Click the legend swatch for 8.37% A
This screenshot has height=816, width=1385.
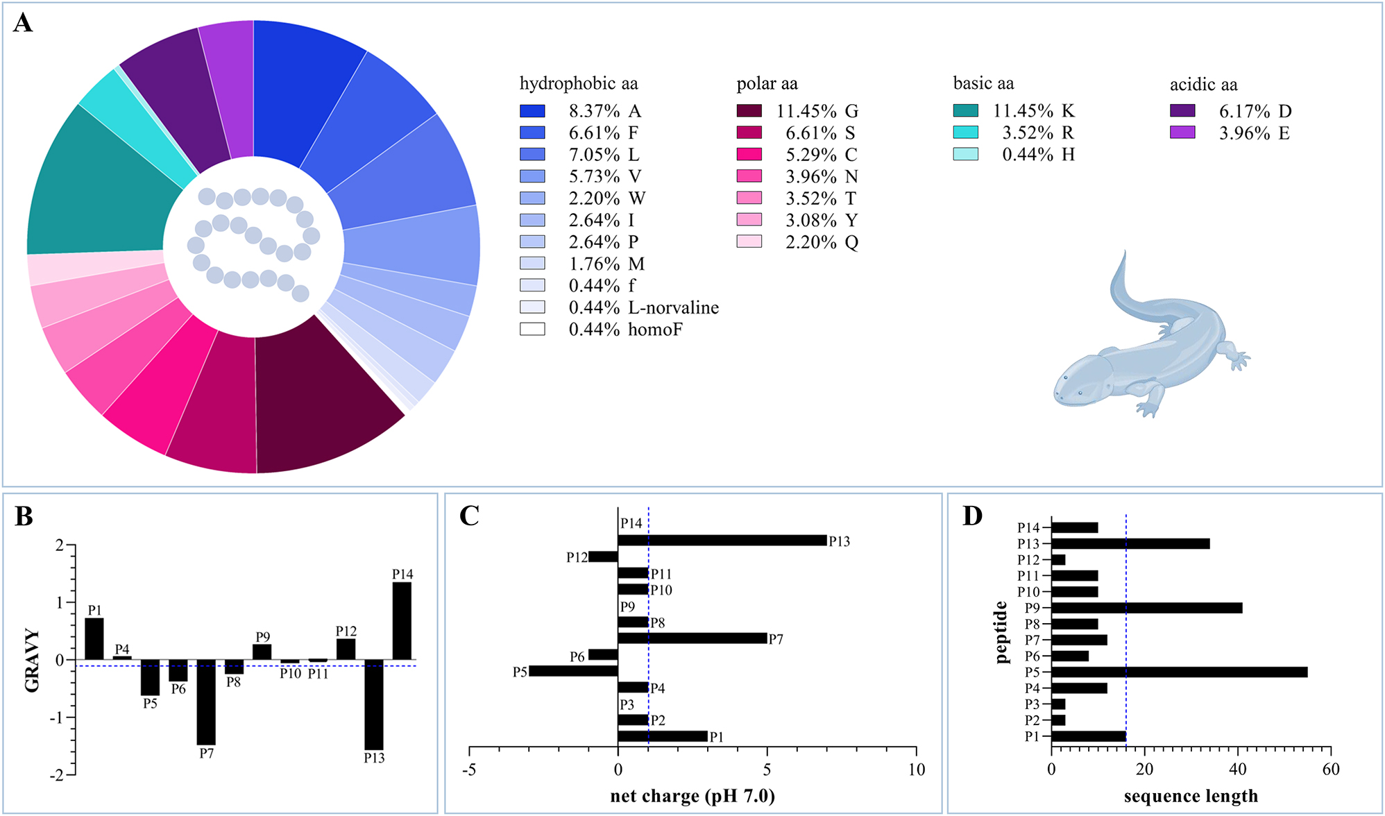532,111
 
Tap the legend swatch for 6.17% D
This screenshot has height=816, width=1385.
1182,111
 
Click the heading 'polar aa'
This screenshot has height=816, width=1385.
767,84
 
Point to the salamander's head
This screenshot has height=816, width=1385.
1076,382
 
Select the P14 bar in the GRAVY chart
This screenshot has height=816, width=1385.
402,620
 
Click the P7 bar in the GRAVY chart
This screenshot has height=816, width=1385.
206,702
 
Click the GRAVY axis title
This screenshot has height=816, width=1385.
32,661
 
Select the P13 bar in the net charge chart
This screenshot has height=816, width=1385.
722,541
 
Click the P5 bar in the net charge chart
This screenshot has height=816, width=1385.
573,671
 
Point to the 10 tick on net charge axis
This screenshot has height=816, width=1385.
916,769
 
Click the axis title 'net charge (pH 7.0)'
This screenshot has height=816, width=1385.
692,796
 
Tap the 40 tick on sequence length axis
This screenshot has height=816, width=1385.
1237,769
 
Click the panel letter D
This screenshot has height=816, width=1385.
973,516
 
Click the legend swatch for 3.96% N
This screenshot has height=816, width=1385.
749,176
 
